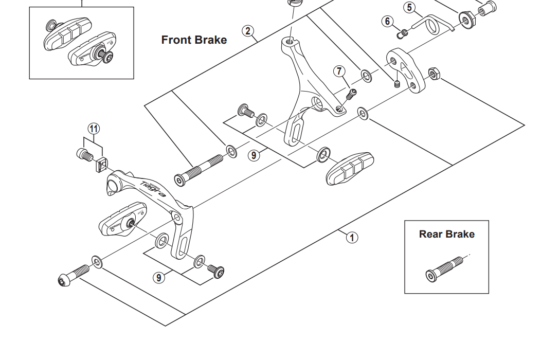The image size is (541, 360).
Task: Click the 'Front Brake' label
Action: tap(194, 40)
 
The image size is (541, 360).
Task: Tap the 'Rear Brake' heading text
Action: tap(446, 235)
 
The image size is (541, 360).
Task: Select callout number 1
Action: tap(352, 238)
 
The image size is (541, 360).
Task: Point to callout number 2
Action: tap(248, 31)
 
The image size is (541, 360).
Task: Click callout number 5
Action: tap(409, 7)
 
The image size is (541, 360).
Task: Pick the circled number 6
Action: tap(388, 21)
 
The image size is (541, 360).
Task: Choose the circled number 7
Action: tap(339, 71)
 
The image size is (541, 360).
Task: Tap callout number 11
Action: tap(94, 128)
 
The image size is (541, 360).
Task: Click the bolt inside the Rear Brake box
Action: tap(446, 268)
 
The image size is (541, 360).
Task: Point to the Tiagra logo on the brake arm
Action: tap(152, 189)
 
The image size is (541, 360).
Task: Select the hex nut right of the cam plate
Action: tap(434, 75)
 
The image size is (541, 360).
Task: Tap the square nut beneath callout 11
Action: tap(101, 165)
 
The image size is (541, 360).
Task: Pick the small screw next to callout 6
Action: tap(403, 33)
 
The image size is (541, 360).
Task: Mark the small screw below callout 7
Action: tap(352, 94)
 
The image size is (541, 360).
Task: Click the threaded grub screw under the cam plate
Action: tap(397, 83)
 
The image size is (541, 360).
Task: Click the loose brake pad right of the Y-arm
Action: tap(350, 168)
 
